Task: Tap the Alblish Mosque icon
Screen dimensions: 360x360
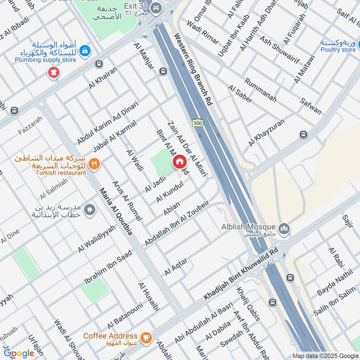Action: coord(284,229)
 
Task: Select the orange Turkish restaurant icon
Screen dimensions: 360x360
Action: coord(94,164)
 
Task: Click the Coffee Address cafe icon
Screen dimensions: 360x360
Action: coord(145,337)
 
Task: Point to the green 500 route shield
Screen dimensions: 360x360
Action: coord(197,123)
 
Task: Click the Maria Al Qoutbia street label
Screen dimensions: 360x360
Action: coord(116,211)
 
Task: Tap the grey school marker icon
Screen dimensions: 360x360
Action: coord(90,210)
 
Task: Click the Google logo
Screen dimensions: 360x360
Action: coord(19,353)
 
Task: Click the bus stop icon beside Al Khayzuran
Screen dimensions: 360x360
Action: coord(303,135)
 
